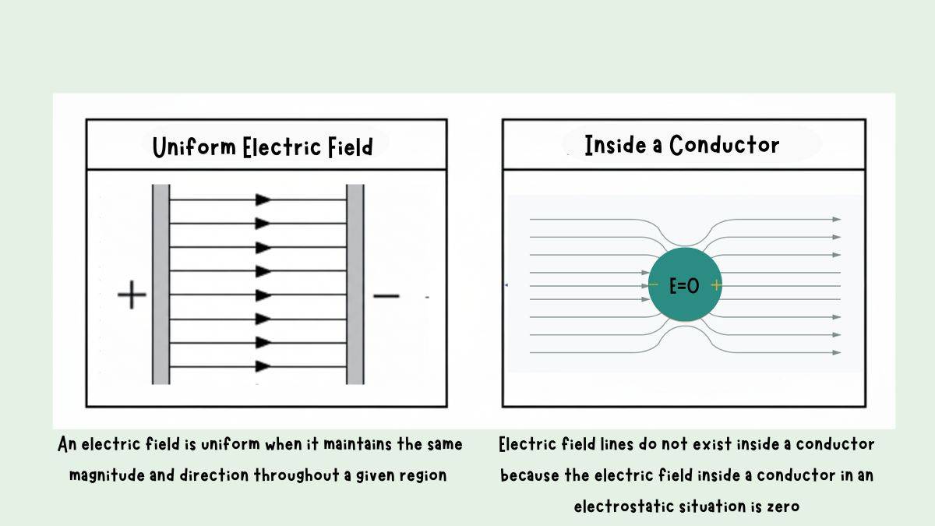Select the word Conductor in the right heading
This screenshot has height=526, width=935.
click(x=725, y=145)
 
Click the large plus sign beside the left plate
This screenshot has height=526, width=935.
click(x=132, y=296)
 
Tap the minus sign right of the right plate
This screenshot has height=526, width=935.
click(x=386, y=296)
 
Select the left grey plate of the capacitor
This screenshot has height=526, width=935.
click(x=161, y=284)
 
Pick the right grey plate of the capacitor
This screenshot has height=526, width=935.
click(x=355, y=284)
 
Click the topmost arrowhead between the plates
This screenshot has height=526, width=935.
click(x=263, y=199)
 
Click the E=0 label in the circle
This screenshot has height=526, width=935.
click(x=684, y=286)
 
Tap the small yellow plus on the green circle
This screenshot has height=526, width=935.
click(x=716, y=285)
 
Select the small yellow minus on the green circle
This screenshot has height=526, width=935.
click(x=653, y=285)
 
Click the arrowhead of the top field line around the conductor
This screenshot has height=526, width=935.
click(x=837, y=219)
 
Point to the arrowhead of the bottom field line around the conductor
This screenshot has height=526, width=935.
click(x=837, y=352)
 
